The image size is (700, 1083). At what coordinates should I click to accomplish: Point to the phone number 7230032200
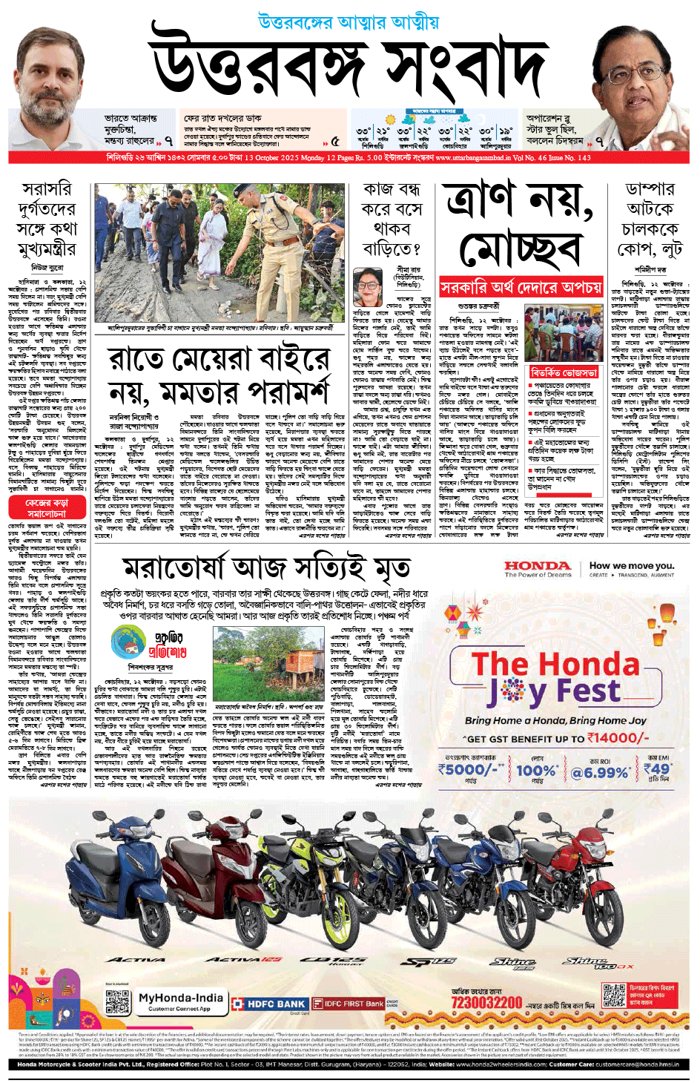click(486, 1003)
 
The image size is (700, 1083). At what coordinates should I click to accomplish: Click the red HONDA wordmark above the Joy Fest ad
click(538, 566)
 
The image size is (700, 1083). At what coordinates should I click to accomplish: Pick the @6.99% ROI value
click(600, 772)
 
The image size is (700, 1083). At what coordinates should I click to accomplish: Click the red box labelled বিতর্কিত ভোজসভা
click(564, 372)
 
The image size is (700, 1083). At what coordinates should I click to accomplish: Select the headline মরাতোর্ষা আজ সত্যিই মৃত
click(266, 568)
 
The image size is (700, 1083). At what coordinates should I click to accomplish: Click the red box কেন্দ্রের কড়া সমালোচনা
click(47, 508)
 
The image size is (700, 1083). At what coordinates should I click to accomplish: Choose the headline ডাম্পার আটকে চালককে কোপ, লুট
click(650, 219)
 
